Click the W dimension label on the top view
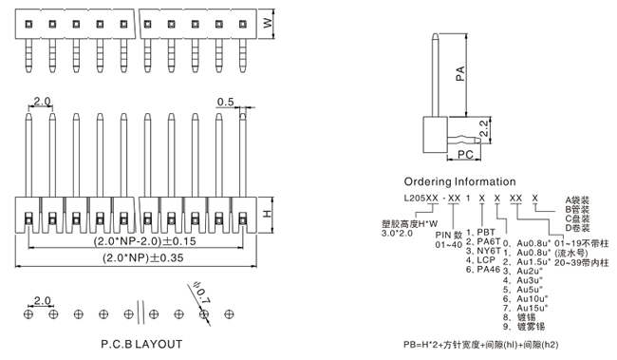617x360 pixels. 268,23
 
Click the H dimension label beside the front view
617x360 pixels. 267,214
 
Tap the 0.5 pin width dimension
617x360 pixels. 226,102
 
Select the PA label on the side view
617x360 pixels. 460,74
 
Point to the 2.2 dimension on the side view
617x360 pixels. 484,128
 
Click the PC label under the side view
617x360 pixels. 465,155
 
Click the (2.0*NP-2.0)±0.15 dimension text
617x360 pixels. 144,240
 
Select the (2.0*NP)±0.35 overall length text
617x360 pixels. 143,258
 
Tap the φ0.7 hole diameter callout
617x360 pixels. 201,294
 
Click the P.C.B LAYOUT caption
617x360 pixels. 141,344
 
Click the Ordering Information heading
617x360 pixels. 459,181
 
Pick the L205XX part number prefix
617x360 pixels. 421,199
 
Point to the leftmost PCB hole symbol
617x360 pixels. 28,314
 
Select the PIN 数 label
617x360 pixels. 449,236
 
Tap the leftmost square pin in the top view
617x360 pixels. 28,24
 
